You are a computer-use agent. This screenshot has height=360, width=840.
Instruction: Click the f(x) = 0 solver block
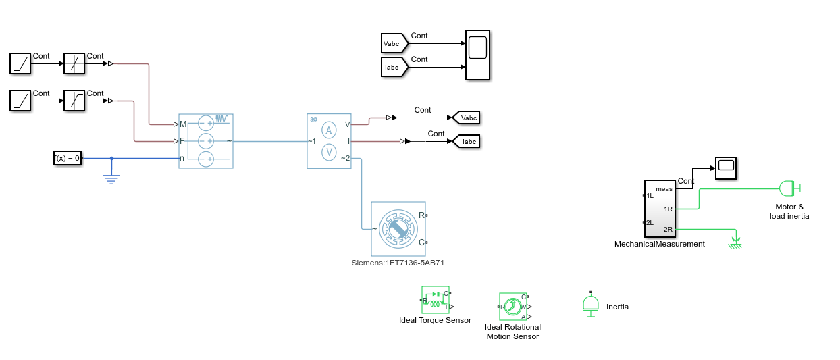(68, 158)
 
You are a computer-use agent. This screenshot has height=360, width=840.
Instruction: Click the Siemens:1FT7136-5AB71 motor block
(398, 229)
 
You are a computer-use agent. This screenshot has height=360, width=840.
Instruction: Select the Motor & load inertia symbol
(789, 188)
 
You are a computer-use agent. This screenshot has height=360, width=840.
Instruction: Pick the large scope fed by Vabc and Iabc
(477, 55)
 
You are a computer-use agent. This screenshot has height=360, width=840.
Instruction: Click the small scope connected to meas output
(726, 167)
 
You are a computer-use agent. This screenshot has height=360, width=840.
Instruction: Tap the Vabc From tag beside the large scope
(392, 43)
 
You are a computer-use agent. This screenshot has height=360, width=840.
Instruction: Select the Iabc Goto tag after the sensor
(467, 141)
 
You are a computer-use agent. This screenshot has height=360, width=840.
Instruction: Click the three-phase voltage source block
(205, 140)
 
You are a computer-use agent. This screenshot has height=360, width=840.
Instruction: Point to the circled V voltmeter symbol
(328, 152)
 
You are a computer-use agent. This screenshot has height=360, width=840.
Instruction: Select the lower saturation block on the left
(74, 101)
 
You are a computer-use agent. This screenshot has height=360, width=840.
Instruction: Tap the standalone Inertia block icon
(591, 305)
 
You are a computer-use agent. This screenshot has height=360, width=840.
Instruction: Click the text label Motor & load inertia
(789, 211)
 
